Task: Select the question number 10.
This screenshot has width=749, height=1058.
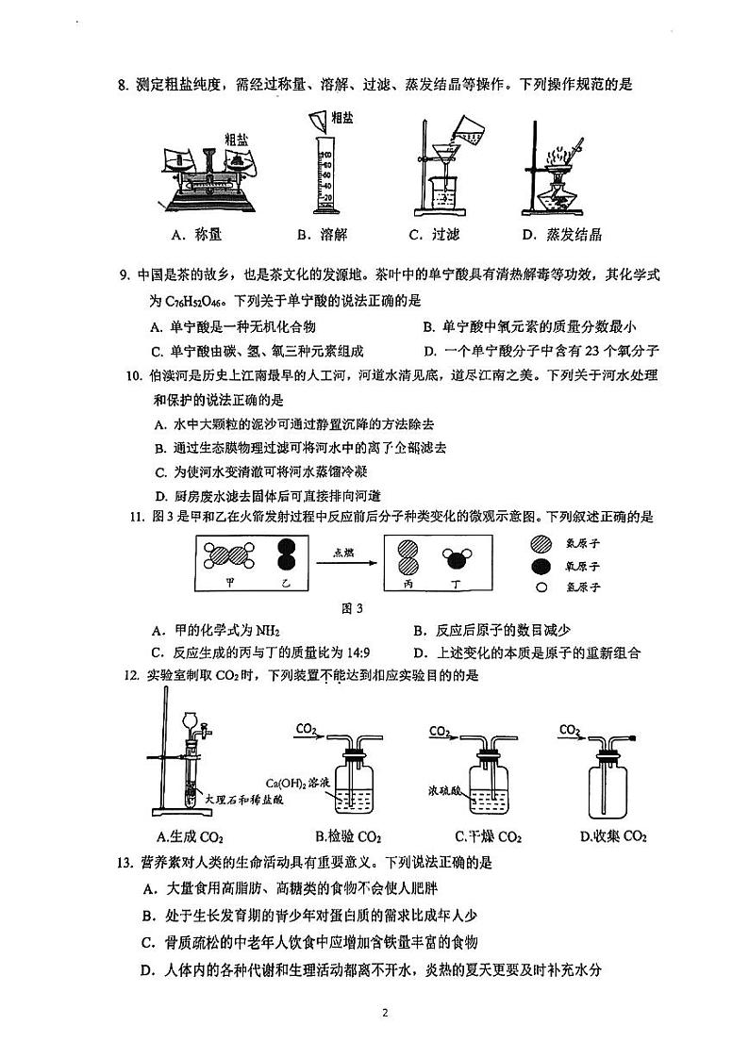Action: (134, 375)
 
